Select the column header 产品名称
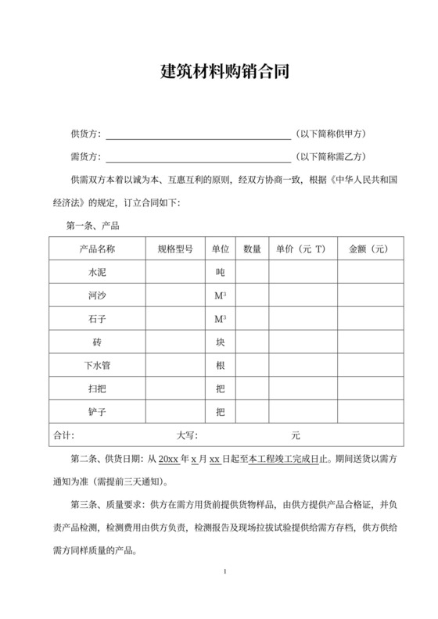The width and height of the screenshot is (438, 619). tap(98, 249)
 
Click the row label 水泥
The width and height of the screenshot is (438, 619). tap(98, 274)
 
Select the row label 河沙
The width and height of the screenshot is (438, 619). tap(98, 296)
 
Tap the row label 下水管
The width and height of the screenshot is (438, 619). tap(98, 365)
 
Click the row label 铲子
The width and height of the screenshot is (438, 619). tap(98, 411)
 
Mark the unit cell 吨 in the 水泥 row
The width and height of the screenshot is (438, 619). tap(221, 274)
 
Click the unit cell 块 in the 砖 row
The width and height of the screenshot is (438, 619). tap(221, 342)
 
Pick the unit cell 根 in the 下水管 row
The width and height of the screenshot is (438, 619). tap(221, 365)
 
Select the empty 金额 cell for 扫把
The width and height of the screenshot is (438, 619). tap(370, 388)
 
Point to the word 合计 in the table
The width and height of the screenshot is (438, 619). tap(63, 435)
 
